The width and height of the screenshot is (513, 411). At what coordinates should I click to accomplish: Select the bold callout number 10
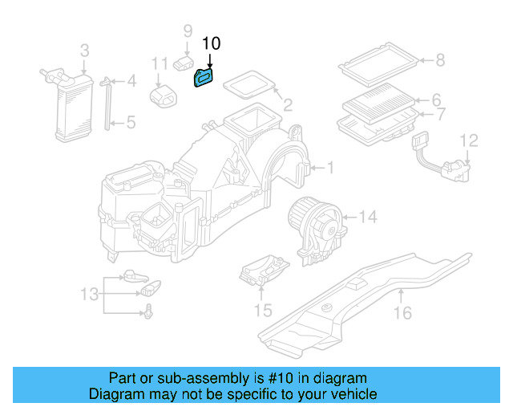210,44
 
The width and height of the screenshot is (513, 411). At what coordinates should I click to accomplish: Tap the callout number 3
84,52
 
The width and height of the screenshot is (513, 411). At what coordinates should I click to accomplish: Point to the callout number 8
438,59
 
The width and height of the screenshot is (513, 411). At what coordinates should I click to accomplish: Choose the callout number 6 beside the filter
437,100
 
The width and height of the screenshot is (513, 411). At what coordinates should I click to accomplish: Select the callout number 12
469,140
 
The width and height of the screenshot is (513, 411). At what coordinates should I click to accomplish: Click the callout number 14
367,216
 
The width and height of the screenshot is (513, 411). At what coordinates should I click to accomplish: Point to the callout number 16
406,312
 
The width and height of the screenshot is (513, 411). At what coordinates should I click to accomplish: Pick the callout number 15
263,309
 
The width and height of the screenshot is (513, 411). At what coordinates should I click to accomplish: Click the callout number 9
188,31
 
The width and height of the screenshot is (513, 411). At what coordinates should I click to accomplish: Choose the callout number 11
160,63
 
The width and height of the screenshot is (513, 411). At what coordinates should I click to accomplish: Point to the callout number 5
131,123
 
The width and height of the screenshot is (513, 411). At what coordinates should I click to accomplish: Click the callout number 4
131,80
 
